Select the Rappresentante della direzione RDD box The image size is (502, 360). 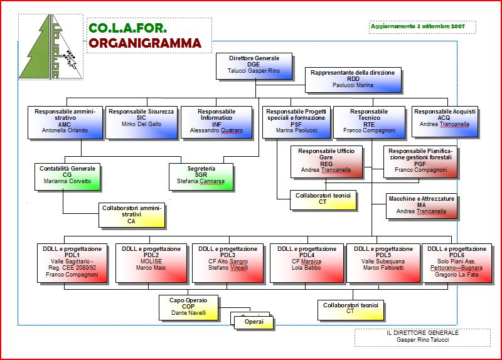point(352,79)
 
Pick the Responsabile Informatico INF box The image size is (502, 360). point(216,121)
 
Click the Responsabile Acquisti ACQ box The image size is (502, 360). point(444,121)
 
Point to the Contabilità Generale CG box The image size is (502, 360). point(67,176)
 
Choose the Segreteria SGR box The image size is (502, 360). point(201,176)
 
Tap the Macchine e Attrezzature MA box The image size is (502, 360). point(421,206)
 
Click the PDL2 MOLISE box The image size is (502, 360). point(151,262)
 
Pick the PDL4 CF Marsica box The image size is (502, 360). point(306,262)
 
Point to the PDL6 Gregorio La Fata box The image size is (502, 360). point(456,262)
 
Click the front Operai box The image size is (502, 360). point(254,322)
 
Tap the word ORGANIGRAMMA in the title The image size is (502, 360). point(145,43)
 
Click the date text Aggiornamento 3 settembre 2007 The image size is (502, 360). point(417,27)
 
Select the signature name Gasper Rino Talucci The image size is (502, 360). point(422,339)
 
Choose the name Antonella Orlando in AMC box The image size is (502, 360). point(65,130)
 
